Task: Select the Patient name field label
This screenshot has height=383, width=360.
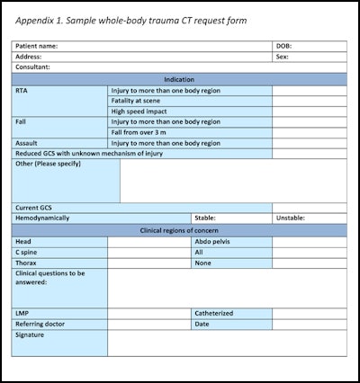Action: (37, 45)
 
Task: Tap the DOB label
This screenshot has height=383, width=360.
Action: (283, 45)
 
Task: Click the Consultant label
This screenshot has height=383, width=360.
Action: (32, 67)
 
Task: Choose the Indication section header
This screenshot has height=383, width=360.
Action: (179, 79)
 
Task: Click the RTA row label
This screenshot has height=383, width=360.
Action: (22, 91)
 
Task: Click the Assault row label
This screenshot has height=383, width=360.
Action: (26, 142)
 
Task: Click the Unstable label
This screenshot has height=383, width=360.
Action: (290, 218)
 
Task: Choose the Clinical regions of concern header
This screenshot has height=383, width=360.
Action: (179, 229)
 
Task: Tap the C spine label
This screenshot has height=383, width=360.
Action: (26, 252)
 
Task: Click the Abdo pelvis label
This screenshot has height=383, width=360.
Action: (213, 241)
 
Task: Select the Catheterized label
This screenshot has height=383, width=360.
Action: (214, 313)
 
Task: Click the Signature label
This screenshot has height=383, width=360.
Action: (30, 334)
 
